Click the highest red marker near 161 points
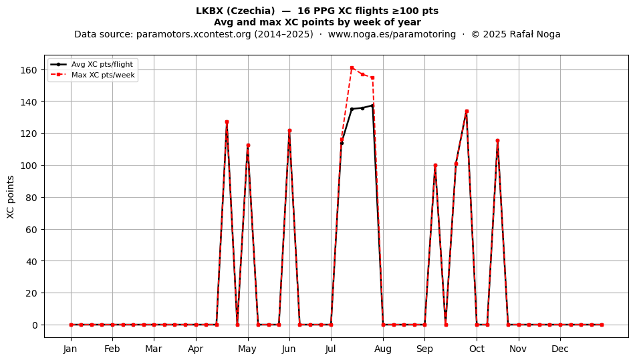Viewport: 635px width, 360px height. [352, 68]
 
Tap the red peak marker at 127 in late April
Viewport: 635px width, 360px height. [227, 122]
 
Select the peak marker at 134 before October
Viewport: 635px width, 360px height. [467, 112]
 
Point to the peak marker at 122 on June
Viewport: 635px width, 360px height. [289, 131]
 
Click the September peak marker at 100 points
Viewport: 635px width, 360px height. [435, 166]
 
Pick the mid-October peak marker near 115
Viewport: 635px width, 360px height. [497, 141]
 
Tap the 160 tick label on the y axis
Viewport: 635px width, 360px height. [29, 70]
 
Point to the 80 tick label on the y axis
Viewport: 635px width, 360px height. [31, 198]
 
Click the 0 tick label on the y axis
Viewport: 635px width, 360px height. [35, 325]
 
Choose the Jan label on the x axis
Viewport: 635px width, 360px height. [70, 349]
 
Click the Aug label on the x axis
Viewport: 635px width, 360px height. [383, 349]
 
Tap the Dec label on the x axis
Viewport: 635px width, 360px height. [561, 349]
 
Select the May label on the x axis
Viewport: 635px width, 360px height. [247, 349]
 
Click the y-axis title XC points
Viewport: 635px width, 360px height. [11, 197]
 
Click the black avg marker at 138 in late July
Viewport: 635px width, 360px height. [372, 106]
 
